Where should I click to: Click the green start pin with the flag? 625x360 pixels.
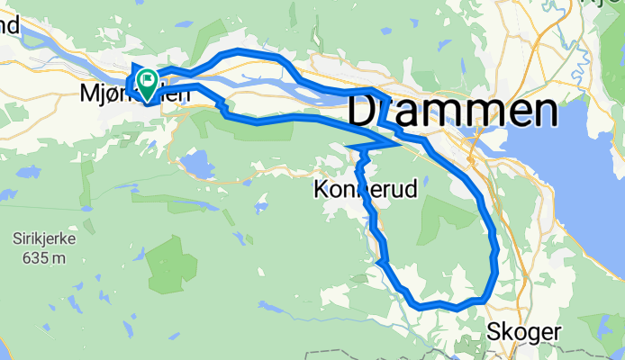[x=146, y=82]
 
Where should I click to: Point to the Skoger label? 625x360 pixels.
[x=523, y=331]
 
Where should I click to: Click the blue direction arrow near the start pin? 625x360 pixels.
[x=135, y=68]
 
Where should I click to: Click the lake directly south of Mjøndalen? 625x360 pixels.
[x=195, y=165]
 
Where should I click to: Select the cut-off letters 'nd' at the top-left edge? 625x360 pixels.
[x=9, y=26]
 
